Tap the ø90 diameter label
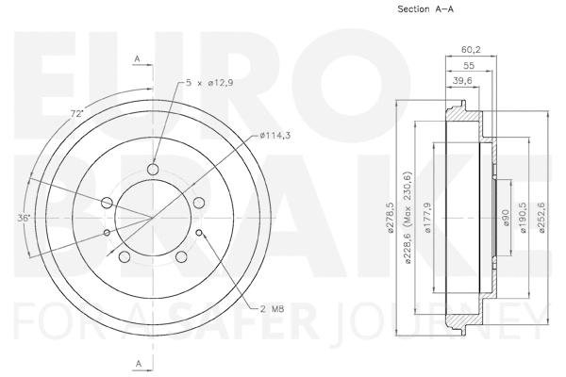506,218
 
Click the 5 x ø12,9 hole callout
209,83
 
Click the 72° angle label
77,113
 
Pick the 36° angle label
24,218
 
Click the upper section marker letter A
138,59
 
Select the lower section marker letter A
138,362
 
